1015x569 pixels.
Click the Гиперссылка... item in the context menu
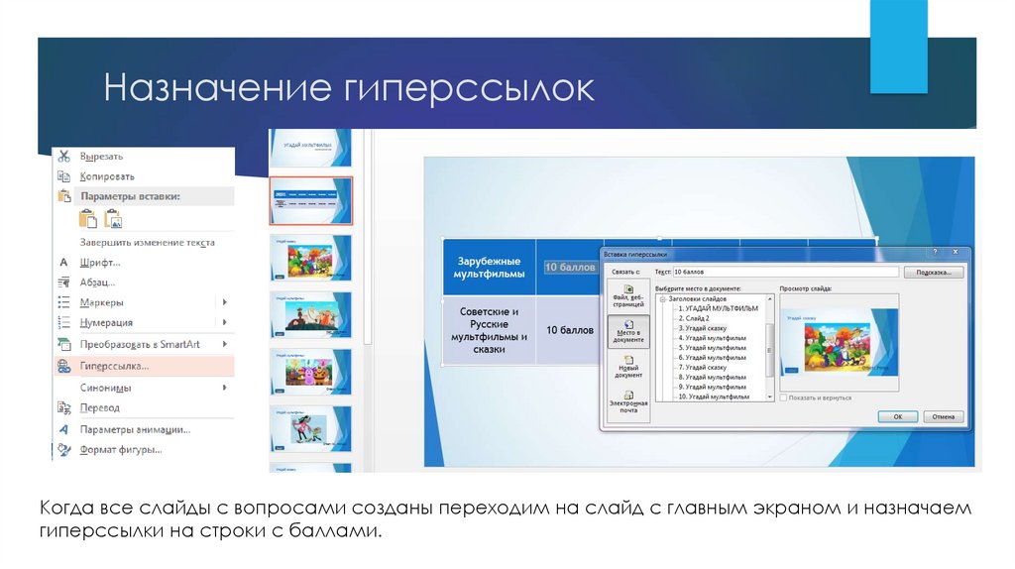coord(114,366)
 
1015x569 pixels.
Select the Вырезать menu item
coord(102,157)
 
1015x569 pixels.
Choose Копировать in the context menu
coord(107,176)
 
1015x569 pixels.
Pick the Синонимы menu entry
coord(106,388)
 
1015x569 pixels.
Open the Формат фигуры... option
coord(121,449)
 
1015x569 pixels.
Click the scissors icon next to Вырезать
coord(63,157)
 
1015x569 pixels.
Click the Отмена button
coord(943,416)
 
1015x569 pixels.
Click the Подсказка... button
coord(939,272)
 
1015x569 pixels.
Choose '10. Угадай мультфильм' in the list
coord(714,397)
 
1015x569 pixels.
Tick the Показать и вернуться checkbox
coord(784,398)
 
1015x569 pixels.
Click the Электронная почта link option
coord(628,406)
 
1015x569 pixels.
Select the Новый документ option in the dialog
coord(628,369)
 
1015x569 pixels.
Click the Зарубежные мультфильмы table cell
coord(489,267)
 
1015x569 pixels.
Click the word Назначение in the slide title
coord(212,88)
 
